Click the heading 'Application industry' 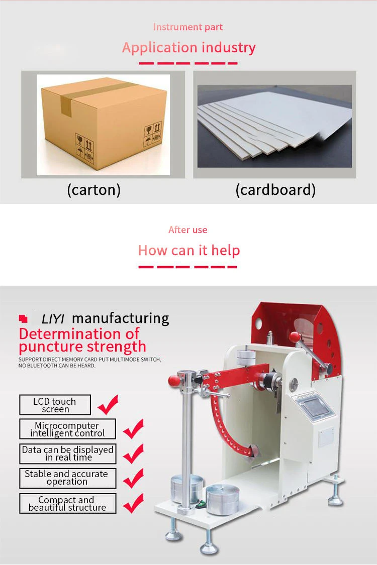tap(189, 48)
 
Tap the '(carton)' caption tap(94, 190)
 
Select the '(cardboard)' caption tap(275, 190)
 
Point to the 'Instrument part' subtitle tap(188, 27)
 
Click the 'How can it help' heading tap(189, 251)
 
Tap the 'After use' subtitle tap(188, 230)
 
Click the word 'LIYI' tap(53, 319)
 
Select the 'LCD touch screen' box tap(55, 405)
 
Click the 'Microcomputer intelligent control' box tap(67, 429)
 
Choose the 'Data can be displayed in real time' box tap(67, 454)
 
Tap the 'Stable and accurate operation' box tap(67, 478)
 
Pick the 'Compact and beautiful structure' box tap(67, 503)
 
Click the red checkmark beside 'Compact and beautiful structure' tap(133, 503)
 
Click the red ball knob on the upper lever tap(295, 337)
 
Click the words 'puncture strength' tap(82, 347)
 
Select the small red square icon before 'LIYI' tap(23, 318)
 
